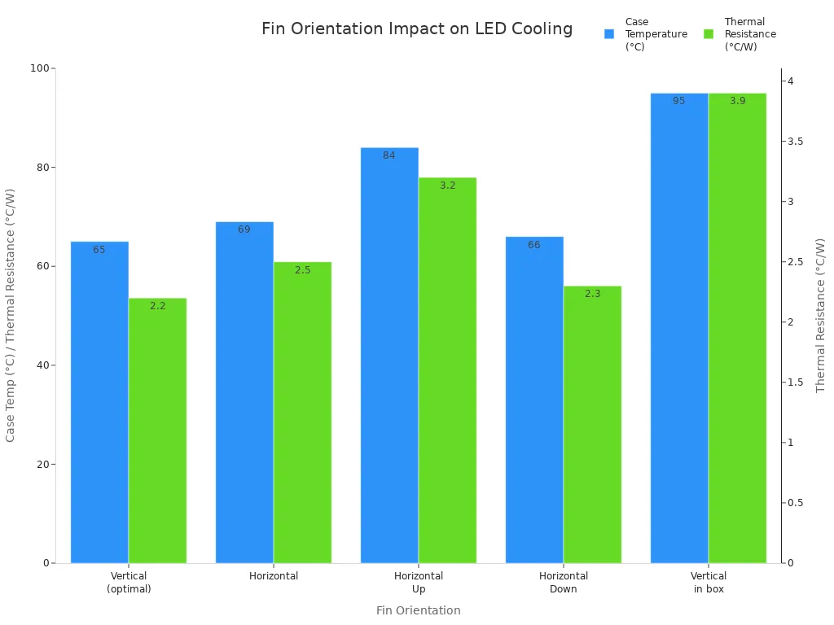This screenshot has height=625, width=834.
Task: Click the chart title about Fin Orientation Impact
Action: (x=417, y=29)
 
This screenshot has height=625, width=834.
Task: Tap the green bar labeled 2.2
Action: (x=157, y=431)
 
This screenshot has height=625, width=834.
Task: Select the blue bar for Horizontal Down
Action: (x=534, y=400)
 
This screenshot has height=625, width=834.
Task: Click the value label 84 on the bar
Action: (x=389, y=155)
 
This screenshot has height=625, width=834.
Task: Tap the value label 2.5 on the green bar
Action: (x=302, y=270)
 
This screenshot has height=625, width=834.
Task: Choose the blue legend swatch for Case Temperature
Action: (x=609, y=34)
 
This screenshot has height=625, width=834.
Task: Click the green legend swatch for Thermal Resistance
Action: (x=709, y=34)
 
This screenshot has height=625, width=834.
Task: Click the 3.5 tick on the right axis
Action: (x=795, y=142)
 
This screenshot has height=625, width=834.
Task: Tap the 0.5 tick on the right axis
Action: (x=795, y=503)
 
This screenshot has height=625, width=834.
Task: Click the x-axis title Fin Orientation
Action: (x=418, y=610)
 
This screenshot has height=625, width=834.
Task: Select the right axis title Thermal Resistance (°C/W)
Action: (x=821, y=316)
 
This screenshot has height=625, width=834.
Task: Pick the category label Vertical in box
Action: (x=709, y=582)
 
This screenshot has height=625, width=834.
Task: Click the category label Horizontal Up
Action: (x=419, y=582)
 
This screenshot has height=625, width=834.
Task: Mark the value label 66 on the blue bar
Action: (x=534, y=245)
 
